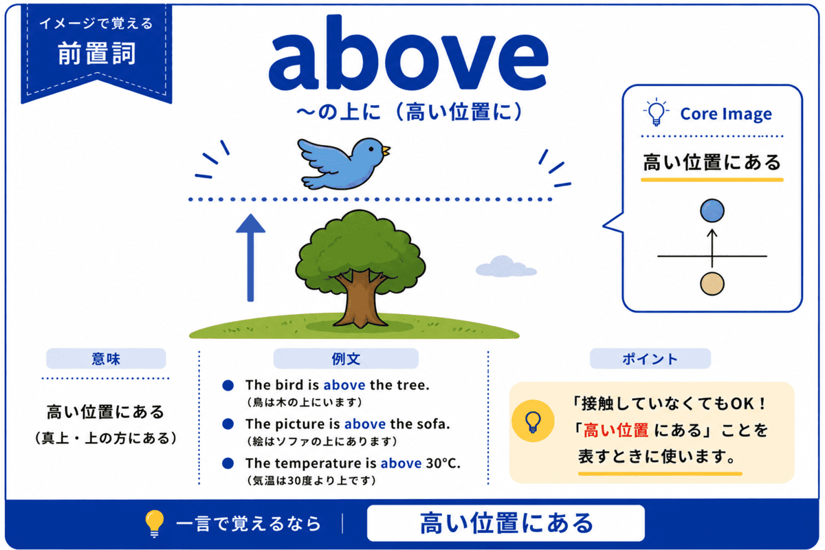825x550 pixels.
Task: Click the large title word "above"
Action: [408, 53]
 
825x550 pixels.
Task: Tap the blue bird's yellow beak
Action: [386, 151]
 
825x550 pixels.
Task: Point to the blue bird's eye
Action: [371, 148]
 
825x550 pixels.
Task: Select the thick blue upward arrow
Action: [250, 258]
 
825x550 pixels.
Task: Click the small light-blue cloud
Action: [506, 266]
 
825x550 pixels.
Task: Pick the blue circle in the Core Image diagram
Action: [712, 210]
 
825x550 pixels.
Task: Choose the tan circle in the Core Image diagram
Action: [712, 284]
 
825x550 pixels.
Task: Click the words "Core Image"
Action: [726, 113]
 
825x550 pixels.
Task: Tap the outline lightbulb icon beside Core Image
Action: [656, 112]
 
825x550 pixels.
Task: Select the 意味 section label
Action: [106, 358]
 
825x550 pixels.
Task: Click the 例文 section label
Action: [346, 358]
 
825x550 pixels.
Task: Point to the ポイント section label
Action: [650, 358]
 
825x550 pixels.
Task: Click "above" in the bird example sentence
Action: [344, 385]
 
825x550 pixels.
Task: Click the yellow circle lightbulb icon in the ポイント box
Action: [533, 421]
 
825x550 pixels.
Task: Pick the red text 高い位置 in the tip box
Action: [616, 430]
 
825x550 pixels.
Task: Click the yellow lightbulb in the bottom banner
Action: [154, 523]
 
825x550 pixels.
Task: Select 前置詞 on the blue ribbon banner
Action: [97, 53]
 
